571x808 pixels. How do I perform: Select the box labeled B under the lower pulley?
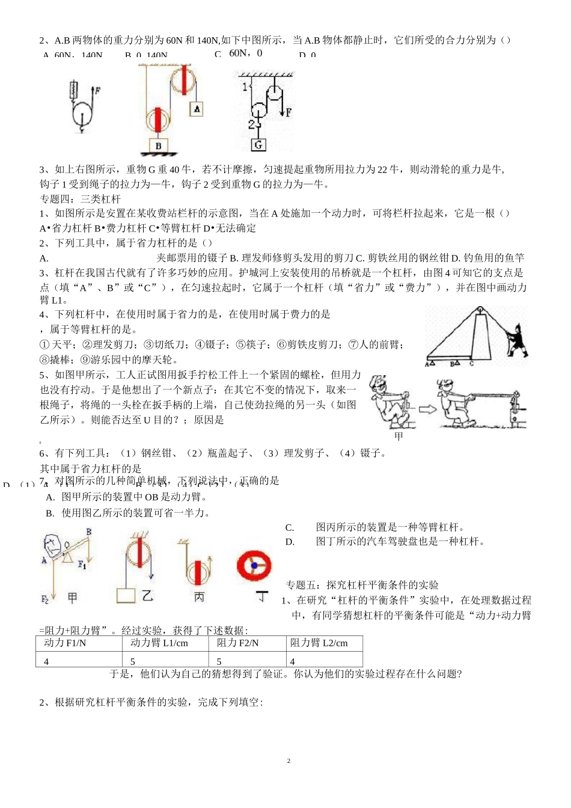click(158, 145)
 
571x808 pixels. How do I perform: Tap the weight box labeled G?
click(258, 144)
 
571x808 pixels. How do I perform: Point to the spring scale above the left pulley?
click(75, 90)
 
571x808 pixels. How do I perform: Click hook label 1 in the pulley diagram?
click(245, 86)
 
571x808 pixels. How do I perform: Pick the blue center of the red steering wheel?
click(254, 565)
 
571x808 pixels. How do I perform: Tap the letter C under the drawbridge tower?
click(471, 363)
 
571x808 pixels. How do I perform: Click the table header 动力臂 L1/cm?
click(159, 643)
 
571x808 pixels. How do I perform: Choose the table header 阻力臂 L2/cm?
click(319, 643)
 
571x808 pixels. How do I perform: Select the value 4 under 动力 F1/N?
click(46, 661)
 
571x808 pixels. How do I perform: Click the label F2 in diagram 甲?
click(44, 599)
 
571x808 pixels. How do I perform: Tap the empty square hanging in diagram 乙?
click(126, 595)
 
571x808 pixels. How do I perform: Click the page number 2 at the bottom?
click(289, 761)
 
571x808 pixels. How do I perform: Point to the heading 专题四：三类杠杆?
click(80, 199)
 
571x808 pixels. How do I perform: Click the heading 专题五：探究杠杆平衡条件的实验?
click(362, 585)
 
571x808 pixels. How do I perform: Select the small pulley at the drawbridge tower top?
click(481, 311)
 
